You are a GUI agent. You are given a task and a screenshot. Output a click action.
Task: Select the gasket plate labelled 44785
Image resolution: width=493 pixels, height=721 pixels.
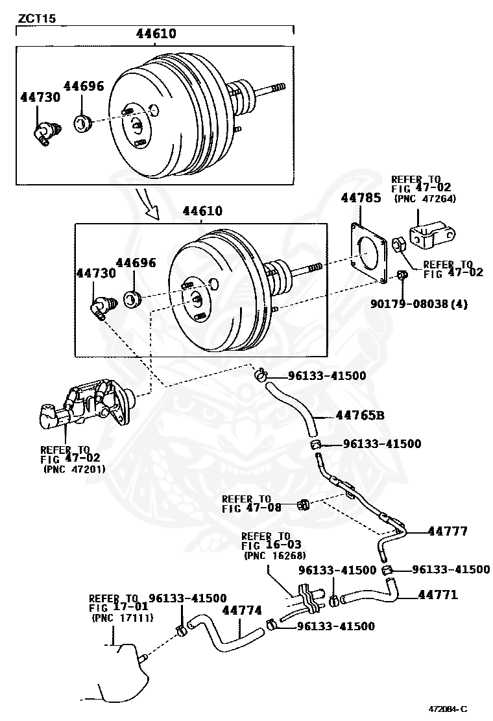point(367,254)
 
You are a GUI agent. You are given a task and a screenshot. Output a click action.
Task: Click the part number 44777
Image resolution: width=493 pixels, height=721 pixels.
point(447,531)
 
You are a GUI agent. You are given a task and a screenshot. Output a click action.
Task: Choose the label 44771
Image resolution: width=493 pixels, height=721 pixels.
point(438,594)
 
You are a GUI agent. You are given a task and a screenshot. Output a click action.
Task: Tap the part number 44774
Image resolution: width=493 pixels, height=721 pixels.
point(242,610)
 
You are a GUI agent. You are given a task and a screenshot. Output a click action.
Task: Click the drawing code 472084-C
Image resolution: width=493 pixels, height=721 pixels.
point(447,708)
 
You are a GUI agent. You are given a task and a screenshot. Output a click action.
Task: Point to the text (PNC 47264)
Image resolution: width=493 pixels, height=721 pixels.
point(425,199)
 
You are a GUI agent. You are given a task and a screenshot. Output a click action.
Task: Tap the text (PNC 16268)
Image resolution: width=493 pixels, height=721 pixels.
point(274,556)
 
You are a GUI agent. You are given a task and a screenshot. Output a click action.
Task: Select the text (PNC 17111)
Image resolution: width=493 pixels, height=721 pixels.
point(121,618)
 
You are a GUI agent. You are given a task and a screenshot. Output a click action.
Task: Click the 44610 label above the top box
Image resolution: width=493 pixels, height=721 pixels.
point(156,34)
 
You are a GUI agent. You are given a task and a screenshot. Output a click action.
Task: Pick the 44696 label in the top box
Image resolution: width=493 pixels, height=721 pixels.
point(84,86)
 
